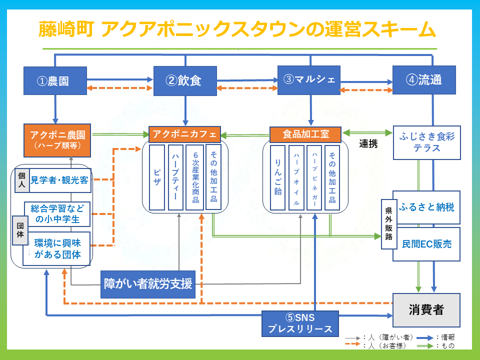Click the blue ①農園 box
point(55,80)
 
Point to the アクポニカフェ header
point(184,134)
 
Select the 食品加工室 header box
point(305,134)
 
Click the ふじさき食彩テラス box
point(426,142)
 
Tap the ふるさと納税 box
point(426,207)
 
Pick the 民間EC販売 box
point(426,244)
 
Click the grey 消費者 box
point(426,310)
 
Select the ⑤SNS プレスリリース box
point(300,323)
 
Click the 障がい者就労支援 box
point(148,284)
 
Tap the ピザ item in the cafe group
point(157,177)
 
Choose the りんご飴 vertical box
point(277,177)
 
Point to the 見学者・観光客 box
point(59,180)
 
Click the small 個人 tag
point(21,180)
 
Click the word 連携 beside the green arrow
point(368,144)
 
